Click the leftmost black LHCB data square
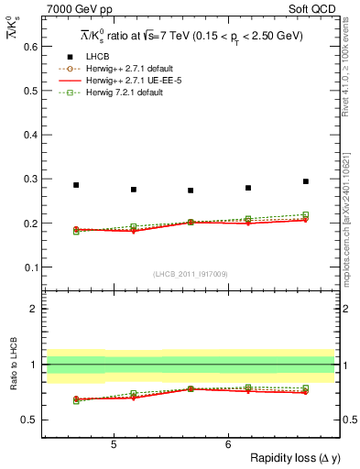pyautogui.click(x=76, y=185)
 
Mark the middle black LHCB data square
pyautogui.click(x=191, y=191)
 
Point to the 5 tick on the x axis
pyautogui.click(x=113, y=445)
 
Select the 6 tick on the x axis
pyautogui.click(x=228, y=445)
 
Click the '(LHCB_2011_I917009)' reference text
pyautogui.click(x=191, y=274)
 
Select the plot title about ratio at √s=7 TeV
pyautogui.click(x=191, y=36)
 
